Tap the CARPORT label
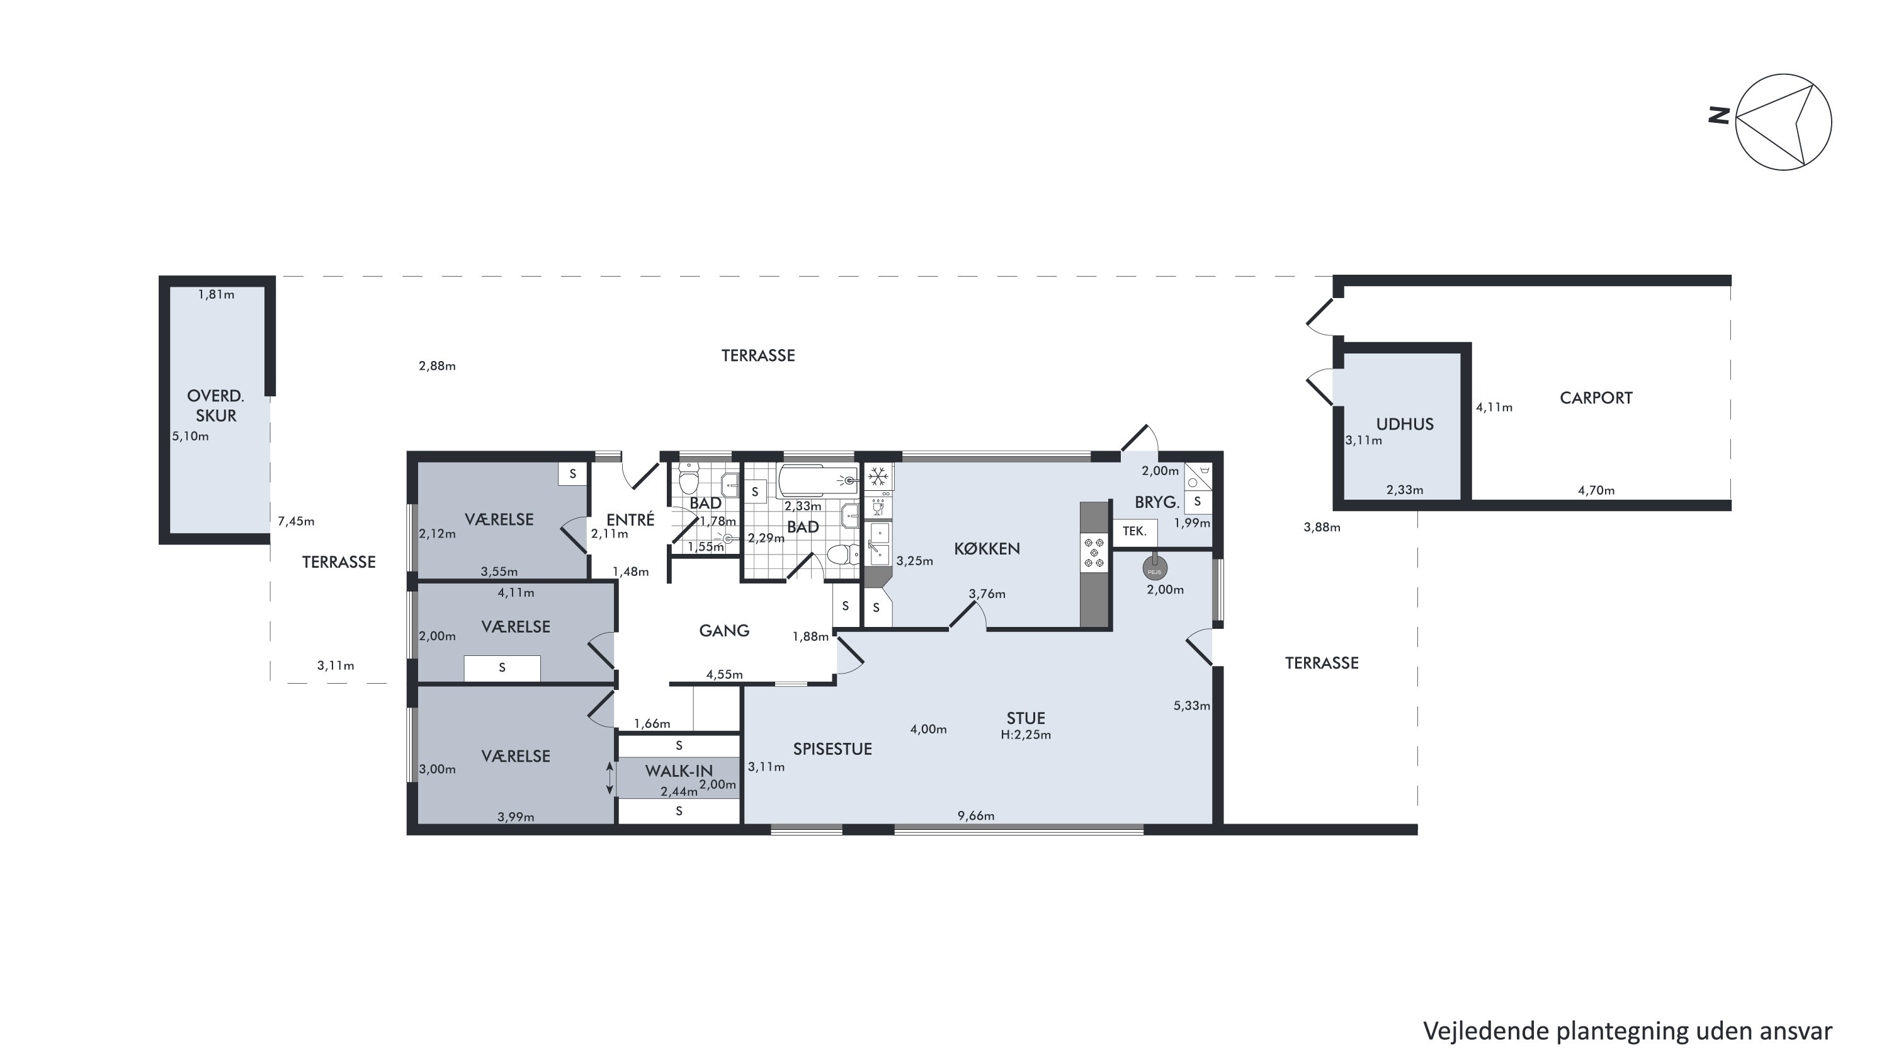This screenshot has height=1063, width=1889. coord(1596,398)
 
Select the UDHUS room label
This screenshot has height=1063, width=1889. coord(1404,424)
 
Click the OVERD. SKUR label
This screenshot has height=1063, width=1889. coord(215,406)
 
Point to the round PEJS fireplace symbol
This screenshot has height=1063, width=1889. coord(1154,568)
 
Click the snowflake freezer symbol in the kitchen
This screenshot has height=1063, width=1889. coord(878,478)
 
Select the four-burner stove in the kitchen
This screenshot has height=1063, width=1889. coord(1094,553)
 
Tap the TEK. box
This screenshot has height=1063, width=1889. coord(1135,531)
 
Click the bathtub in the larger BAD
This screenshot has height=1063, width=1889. coord(817,481)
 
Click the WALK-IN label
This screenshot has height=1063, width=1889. coord(678,771)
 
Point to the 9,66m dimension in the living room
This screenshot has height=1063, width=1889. coord(975,816)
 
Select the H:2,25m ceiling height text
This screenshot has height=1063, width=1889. coord(1025,734)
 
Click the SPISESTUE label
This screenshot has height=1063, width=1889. coord(832,749)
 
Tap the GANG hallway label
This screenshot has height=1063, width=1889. coord(723,630)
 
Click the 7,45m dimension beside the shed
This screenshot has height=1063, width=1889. coord(295,522)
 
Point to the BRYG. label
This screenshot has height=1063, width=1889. coord(1157,503)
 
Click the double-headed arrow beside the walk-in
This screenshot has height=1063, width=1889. coord(610,778)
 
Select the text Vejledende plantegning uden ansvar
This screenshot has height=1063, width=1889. coord(1627,1031)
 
